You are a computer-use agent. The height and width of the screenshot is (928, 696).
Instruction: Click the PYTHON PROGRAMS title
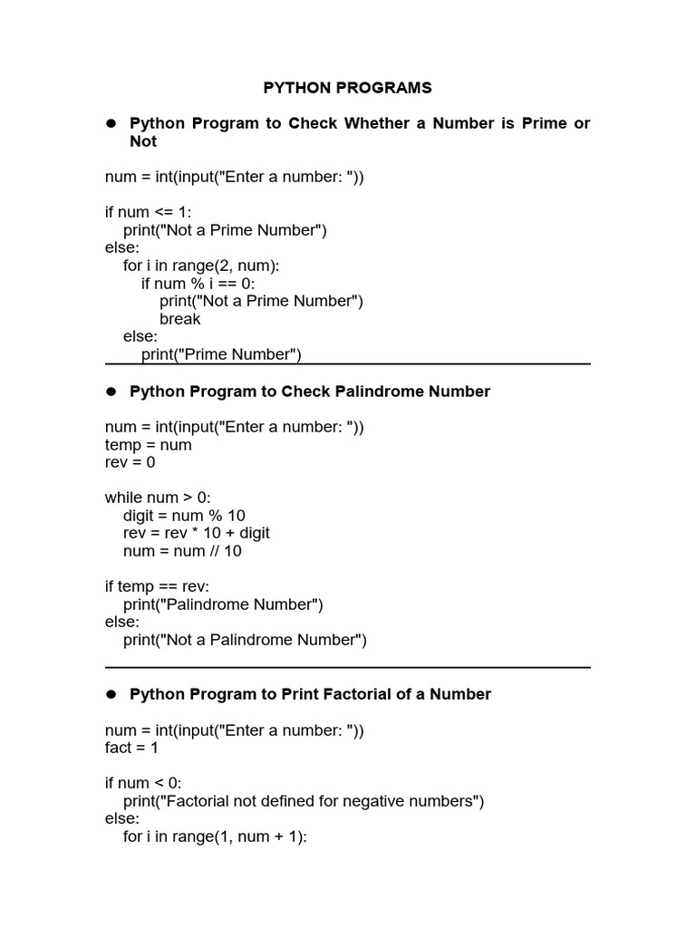tap(347, 88)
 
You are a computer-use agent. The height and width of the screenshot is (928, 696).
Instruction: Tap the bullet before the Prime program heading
tap(113, 123)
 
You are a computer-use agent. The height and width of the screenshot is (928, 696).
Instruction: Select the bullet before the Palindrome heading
tap(113, 391)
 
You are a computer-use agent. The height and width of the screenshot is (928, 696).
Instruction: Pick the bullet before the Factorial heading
tap(113, 694)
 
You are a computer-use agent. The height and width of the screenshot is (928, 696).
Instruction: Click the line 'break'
tap(179, 319)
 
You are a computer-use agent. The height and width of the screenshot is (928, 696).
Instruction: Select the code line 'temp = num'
tap(148, 445)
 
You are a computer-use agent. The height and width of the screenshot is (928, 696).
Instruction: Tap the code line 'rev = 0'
tap(130, 462)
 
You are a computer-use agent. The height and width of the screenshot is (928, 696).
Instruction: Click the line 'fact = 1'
tap(131, 749)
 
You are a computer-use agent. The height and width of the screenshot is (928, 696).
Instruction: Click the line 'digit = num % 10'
tap(184, 516)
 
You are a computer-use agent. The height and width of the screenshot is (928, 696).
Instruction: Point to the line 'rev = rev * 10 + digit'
tap(197, 533)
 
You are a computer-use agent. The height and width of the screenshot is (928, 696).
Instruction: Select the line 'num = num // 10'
tap(182, 551)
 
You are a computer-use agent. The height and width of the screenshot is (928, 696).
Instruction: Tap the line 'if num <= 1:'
tap(148, 212)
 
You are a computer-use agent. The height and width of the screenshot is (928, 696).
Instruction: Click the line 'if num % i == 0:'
tap(198, 284)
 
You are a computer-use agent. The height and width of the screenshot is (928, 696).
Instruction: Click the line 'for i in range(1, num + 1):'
tap(216, 836)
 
